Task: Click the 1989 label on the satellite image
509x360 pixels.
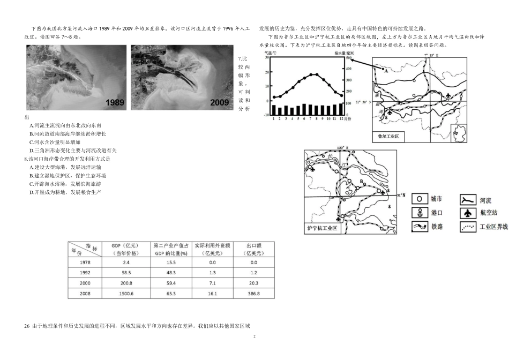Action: coord(108,102)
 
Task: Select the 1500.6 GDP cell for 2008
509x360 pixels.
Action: coord(122,294)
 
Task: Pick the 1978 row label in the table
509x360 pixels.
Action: coord(85,262)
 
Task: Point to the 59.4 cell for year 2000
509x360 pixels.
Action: coord(170,283)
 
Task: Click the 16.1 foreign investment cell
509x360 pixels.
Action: coord(212,294)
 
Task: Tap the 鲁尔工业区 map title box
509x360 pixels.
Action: coord(390,137)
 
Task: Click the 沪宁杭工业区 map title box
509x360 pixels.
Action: coord(323,228)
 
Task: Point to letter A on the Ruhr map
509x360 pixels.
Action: coord(384,69)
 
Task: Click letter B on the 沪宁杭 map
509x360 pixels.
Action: coord(362,182)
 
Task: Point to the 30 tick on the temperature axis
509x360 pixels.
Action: coord(267,57)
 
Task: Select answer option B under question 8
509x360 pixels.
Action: coord(68,175)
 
